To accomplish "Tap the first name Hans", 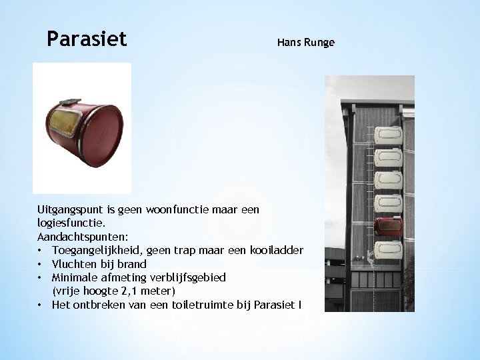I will pyautogui.click(x=289, y=43).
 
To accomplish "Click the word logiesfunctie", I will pyautogui.click(x=65, y=223).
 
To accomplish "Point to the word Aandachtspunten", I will pyautogui.click(x=73, y=237).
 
